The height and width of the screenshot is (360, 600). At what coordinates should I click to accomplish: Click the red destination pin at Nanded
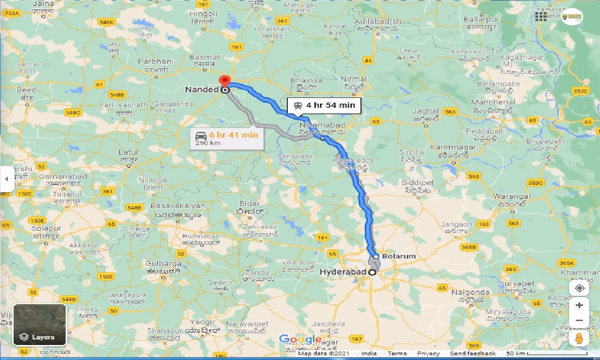tap(225, 80)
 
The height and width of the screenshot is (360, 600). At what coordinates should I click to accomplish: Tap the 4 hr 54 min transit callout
tap(324, 105)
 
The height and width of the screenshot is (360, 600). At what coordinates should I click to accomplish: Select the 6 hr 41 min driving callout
tap(227, 138)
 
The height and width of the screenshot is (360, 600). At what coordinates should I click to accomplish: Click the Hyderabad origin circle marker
tap(372, 272)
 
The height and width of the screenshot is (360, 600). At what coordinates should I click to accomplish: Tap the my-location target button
tap(579, 288)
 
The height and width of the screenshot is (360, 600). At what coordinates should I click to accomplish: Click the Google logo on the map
tap(300, 339)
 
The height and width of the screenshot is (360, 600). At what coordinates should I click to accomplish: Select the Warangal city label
tap(514, 196)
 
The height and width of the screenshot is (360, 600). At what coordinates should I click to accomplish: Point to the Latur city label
tap(128, 152)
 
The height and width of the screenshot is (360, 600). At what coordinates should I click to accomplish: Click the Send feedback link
tap(472, 353)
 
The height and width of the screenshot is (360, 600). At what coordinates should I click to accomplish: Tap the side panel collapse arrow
tap(6, 179)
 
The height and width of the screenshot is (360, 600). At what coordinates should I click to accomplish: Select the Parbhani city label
tap(156, 61)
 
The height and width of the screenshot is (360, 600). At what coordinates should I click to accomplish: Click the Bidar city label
tap(249, 203)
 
